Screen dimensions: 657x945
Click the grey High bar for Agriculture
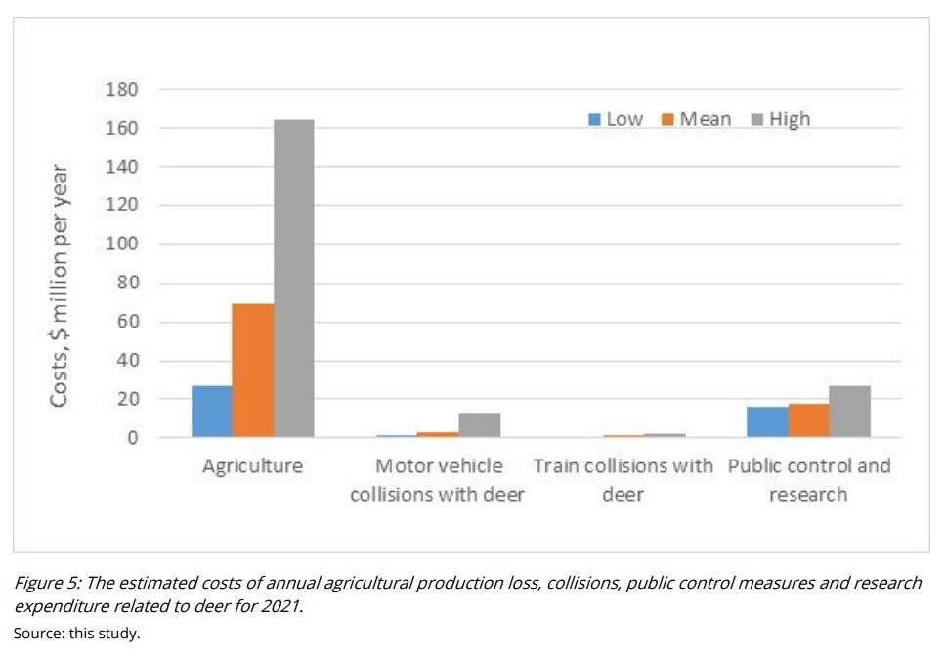tap(293, 279)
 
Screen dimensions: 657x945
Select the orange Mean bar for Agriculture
tap(252, 371)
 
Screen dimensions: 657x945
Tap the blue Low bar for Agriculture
tap(212, 412)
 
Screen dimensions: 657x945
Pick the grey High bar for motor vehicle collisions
tap(480, 425)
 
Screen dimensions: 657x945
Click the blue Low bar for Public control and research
tap(768, 422)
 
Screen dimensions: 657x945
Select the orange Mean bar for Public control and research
tap(809, 420)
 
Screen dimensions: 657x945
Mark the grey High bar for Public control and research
tap(849, 412)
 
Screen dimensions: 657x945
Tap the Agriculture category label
tap(252, 466)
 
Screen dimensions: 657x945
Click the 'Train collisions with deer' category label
tap(623, 480)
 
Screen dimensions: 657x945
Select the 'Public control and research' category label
tap(809, 480)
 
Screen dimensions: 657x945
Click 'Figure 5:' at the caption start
tap(46, 583)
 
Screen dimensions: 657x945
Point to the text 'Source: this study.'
tap(76, 633)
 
